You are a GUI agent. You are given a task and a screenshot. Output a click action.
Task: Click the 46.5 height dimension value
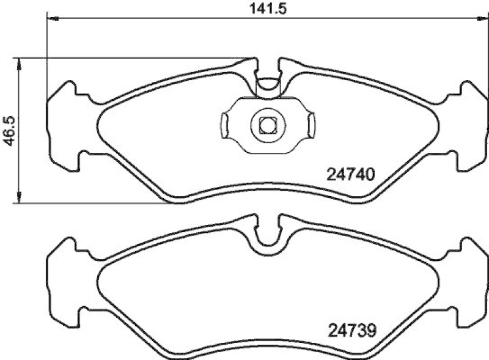click(x=8, y=129)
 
